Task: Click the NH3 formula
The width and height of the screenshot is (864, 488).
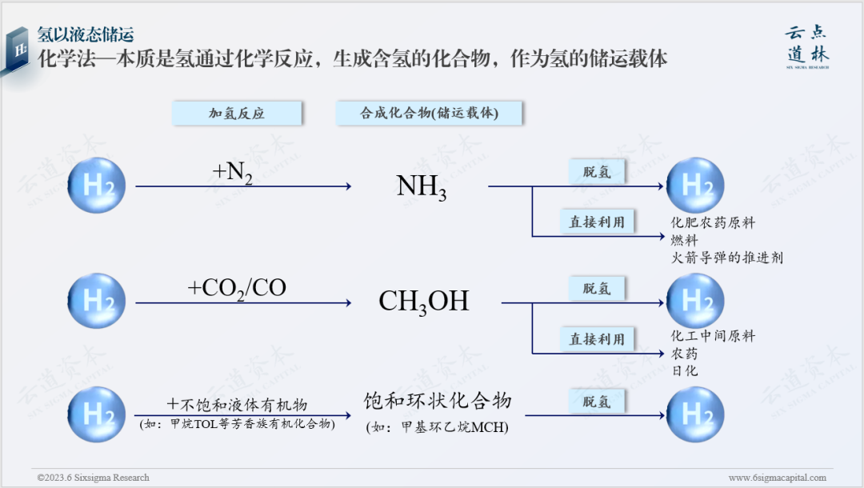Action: tap(422, 186)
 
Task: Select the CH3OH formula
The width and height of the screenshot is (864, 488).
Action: tap(423, 301)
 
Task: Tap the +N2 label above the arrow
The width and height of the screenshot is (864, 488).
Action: tap(233, 172)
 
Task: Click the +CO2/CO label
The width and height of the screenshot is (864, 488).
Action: tap(237, 288)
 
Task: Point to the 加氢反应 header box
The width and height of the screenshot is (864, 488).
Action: tap(237, 114)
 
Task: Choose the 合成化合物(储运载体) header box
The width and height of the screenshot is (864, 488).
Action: tap(430, 114)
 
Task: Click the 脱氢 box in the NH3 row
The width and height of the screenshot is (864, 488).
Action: tap(597, 172)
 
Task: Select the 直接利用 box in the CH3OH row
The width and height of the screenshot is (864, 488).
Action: tap(597, 338)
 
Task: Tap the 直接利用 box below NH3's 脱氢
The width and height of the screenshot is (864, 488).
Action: tap(597, 222)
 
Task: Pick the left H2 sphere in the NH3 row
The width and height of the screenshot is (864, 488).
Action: tap(97, 186)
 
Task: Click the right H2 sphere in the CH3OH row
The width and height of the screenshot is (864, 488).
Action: tap(695, 301)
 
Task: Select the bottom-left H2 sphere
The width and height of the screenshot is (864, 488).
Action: tap(97, 414)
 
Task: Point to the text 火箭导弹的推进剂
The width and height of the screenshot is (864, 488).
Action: tap(726, 258)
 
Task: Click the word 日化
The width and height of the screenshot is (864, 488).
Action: tap(684, 370)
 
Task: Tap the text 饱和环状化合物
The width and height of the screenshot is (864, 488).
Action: tap(437, 401)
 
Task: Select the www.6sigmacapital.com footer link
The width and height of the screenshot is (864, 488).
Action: tap(777, 478)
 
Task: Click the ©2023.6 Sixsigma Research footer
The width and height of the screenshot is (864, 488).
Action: tap(93, 478)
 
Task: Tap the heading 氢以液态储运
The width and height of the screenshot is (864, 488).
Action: tap(86, 35)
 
